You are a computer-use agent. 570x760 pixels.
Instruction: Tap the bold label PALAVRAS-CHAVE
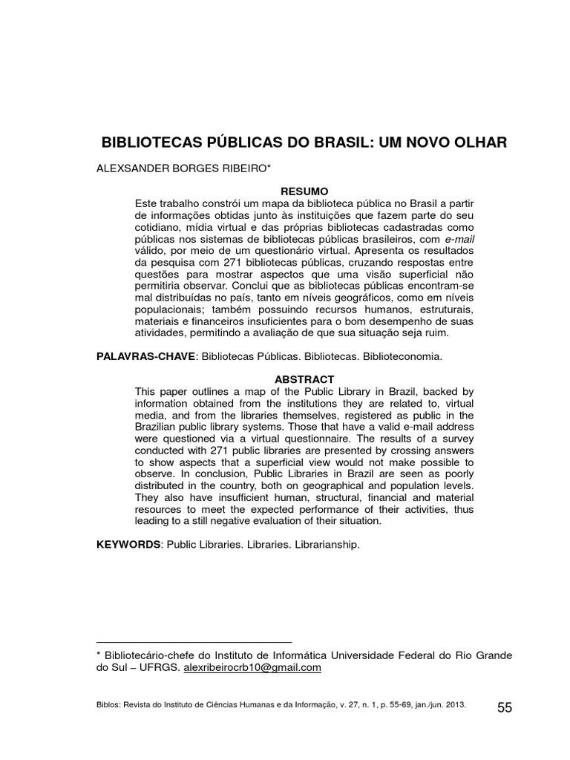(x=145, y=356)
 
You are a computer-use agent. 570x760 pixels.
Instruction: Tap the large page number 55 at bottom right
(x=505, y=707)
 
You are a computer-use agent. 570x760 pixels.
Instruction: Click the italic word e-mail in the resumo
(x=459, y=240)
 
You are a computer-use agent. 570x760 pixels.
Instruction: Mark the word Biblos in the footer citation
(x=108, y=707)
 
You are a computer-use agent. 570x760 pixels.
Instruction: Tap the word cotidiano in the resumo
(x=158, y=227)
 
